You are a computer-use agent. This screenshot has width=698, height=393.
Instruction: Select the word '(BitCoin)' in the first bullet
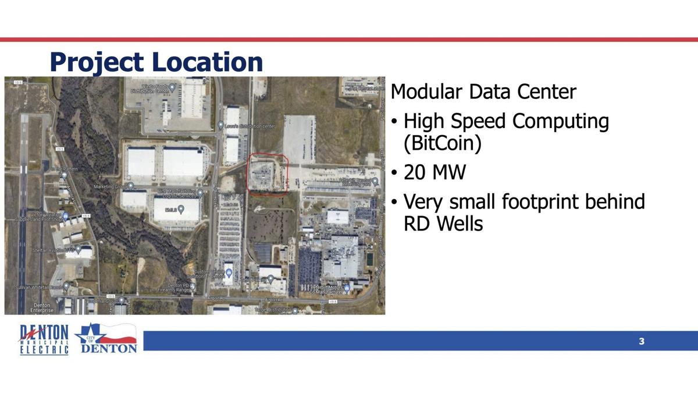click(443, 143)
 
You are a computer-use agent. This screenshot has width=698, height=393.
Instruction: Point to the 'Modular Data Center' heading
click(483, 91)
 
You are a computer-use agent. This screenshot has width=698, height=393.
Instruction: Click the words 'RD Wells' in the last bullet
click(443, 223)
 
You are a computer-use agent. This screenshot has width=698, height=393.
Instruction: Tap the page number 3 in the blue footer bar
click(642, 341)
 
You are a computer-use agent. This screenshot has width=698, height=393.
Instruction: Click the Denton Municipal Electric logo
click(44, 340)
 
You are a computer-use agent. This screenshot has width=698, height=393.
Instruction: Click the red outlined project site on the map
click(267, 174)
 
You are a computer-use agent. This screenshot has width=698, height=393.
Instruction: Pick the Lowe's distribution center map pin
click(220, 125)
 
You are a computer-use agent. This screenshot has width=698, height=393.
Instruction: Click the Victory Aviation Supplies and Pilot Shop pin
click(66, 217)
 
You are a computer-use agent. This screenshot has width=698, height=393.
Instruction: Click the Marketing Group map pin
click(130, 186)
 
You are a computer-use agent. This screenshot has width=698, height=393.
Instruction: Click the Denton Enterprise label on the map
click(42, 308)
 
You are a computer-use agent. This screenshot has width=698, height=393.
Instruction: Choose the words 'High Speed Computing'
click(506, 122)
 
